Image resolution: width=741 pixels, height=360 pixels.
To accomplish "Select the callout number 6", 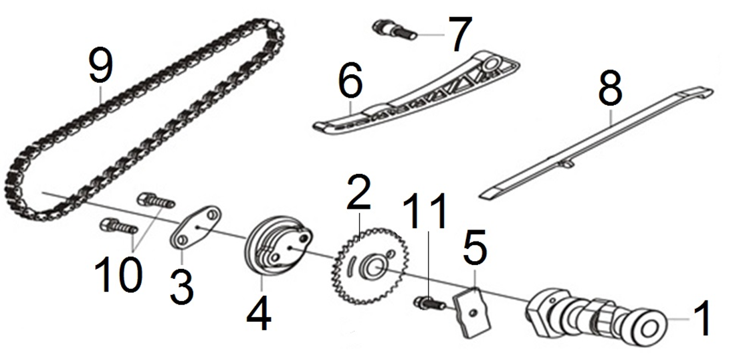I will coord(350,82).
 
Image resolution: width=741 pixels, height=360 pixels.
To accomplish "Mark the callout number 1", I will coord(702,320).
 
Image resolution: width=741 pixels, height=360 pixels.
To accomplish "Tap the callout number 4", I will coord(258,314).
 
